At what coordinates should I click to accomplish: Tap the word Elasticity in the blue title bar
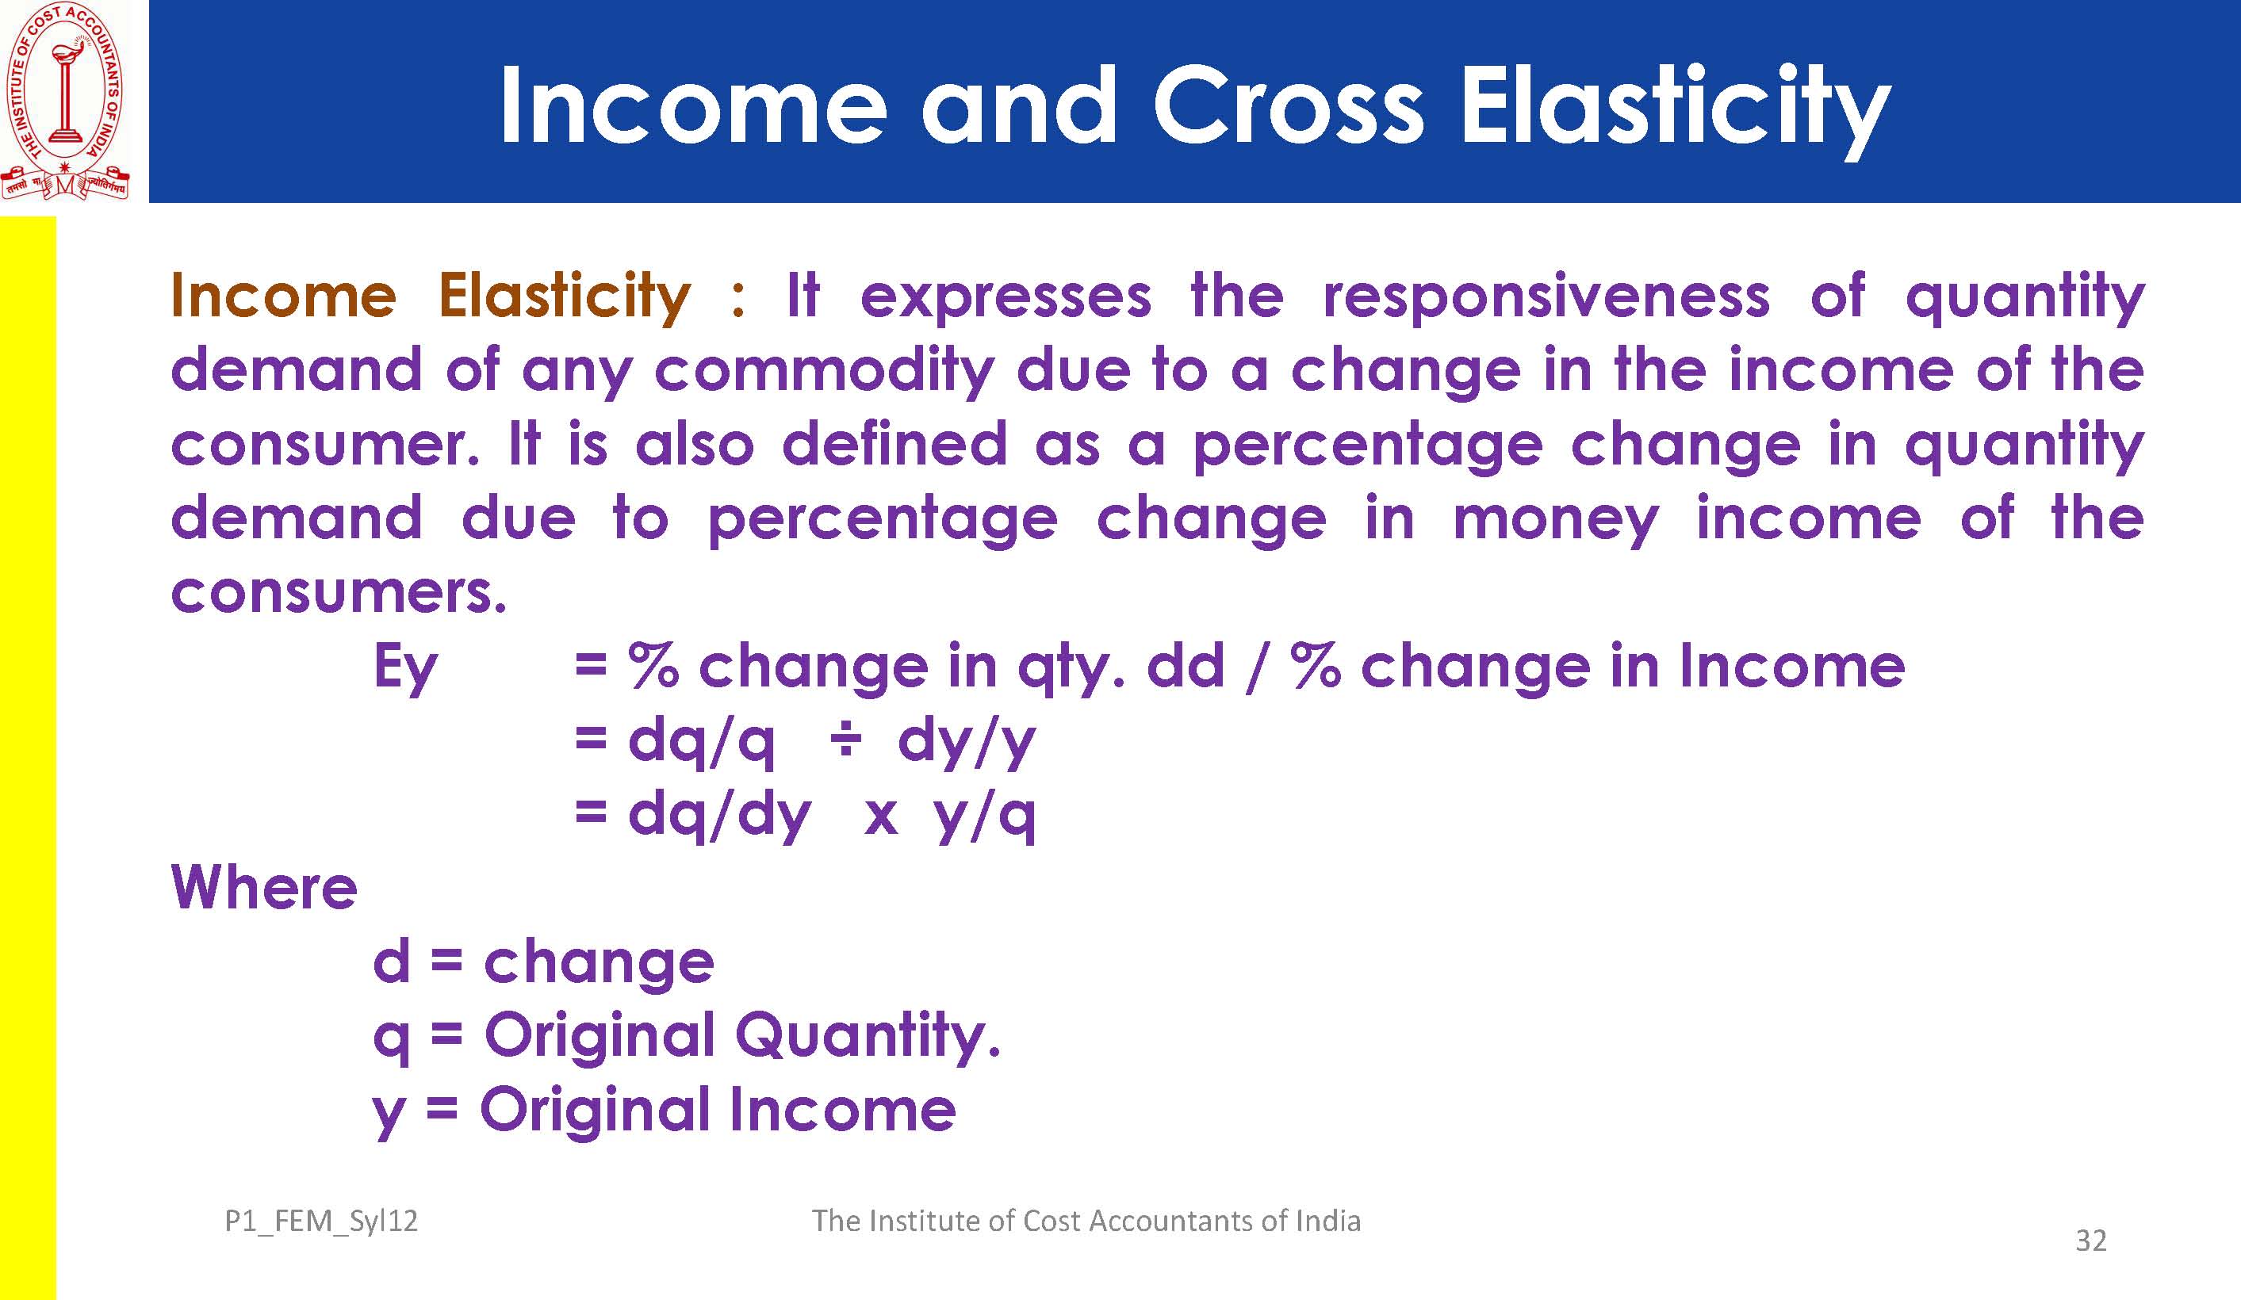[x=1676, y=112]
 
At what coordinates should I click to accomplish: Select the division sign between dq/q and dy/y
[x=845, y=740]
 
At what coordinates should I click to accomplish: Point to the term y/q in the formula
[x=984, y=816]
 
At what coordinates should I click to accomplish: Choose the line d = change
[x=543, y=964]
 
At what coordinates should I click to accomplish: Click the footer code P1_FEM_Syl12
[x=321, y=1222]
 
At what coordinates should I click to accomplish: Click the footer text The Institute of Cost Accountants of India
[x=1086, y=1220]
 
